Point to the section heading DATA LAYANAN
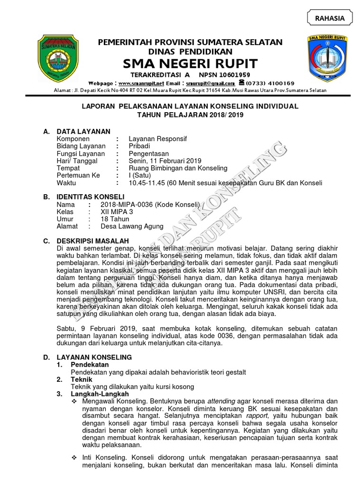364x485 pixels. click(83, 131)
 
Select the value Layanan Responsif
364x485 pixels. click(157, 139)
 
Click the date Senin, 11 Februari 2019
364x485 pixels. click(165, 161)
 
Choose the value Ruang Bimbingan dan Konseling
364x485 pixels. click(178, 168)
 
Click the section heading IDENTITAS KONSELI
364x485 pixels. click(91, 197)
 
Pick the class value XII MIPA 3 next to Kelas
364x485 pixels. click(117, 212)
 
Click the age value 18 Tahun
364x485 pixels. click(115, 219)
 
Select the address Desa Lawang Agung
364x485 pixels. click(132, 226)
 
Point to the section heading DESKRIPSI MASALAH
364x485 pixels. click(92, 241)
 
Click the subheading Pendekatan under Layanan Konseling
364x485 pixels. click(90, 365)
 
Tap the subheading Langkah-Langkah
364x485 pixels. click(100, 394)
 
